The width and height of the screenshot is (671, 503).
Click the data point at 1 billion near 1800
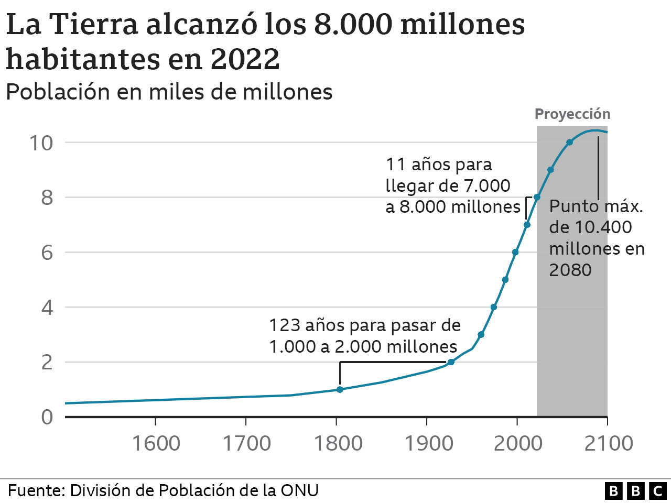pyautogui.click(x=340, y=389)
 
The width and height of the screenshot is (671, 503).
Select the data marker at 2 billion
pyautogui.click(x=451, y=362)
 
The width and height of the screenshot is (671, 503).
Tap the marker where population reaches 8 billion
pyautogui.click(x=537, y=197)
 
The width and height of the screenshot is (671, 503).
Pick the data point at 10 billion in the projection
pyautogui.click(x=570, y=142)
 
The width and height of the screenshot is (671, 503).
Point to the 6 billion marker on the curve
pyautogui.click(x=515, y=252)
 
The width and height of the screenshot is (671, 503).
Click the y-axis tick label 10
pyautogui.click(x=41, y=143)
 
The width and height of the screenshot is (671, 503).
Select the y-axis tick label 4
pyautogui.click(x=47, y=308)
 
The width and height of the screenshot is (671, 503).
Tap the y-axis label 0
pyautogui.click(x=47, y=417)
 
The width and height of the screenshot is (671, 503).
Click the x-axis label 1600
pyautogui.click(x=156, y=443)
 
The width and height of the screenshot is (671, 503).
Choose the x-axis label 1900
pyautogui.click(x=429, y=443)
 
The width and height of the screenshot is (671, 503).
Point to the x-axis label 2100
pyautogui.click(x=608, y=443)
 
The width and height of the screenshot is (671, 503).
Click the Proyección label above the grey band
pyautogui.click(x=572, y=114)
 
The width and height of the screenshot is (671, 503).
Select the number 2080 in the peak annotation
pyautogui.click(x=570, y=270)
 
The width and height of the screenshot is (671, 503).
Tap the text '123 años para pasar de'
pyautogui.click(x=365, y=325)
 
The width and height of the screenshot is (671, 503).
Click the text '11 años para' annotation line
pyautogui.click(x=439, y=165)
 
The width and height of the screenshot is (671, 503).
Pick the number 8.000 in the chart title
pyautogui.click(x=352, y=24)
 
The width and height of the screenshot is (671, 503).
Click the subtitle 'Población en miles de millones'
pyautogui.click(x=169, y=92)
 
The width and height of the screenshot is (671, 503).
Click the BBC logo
pyautogui.click(x=635, y=491)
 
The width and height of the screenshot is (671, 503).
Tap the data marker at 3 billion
pyautogui.click(x=481, y=334)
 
